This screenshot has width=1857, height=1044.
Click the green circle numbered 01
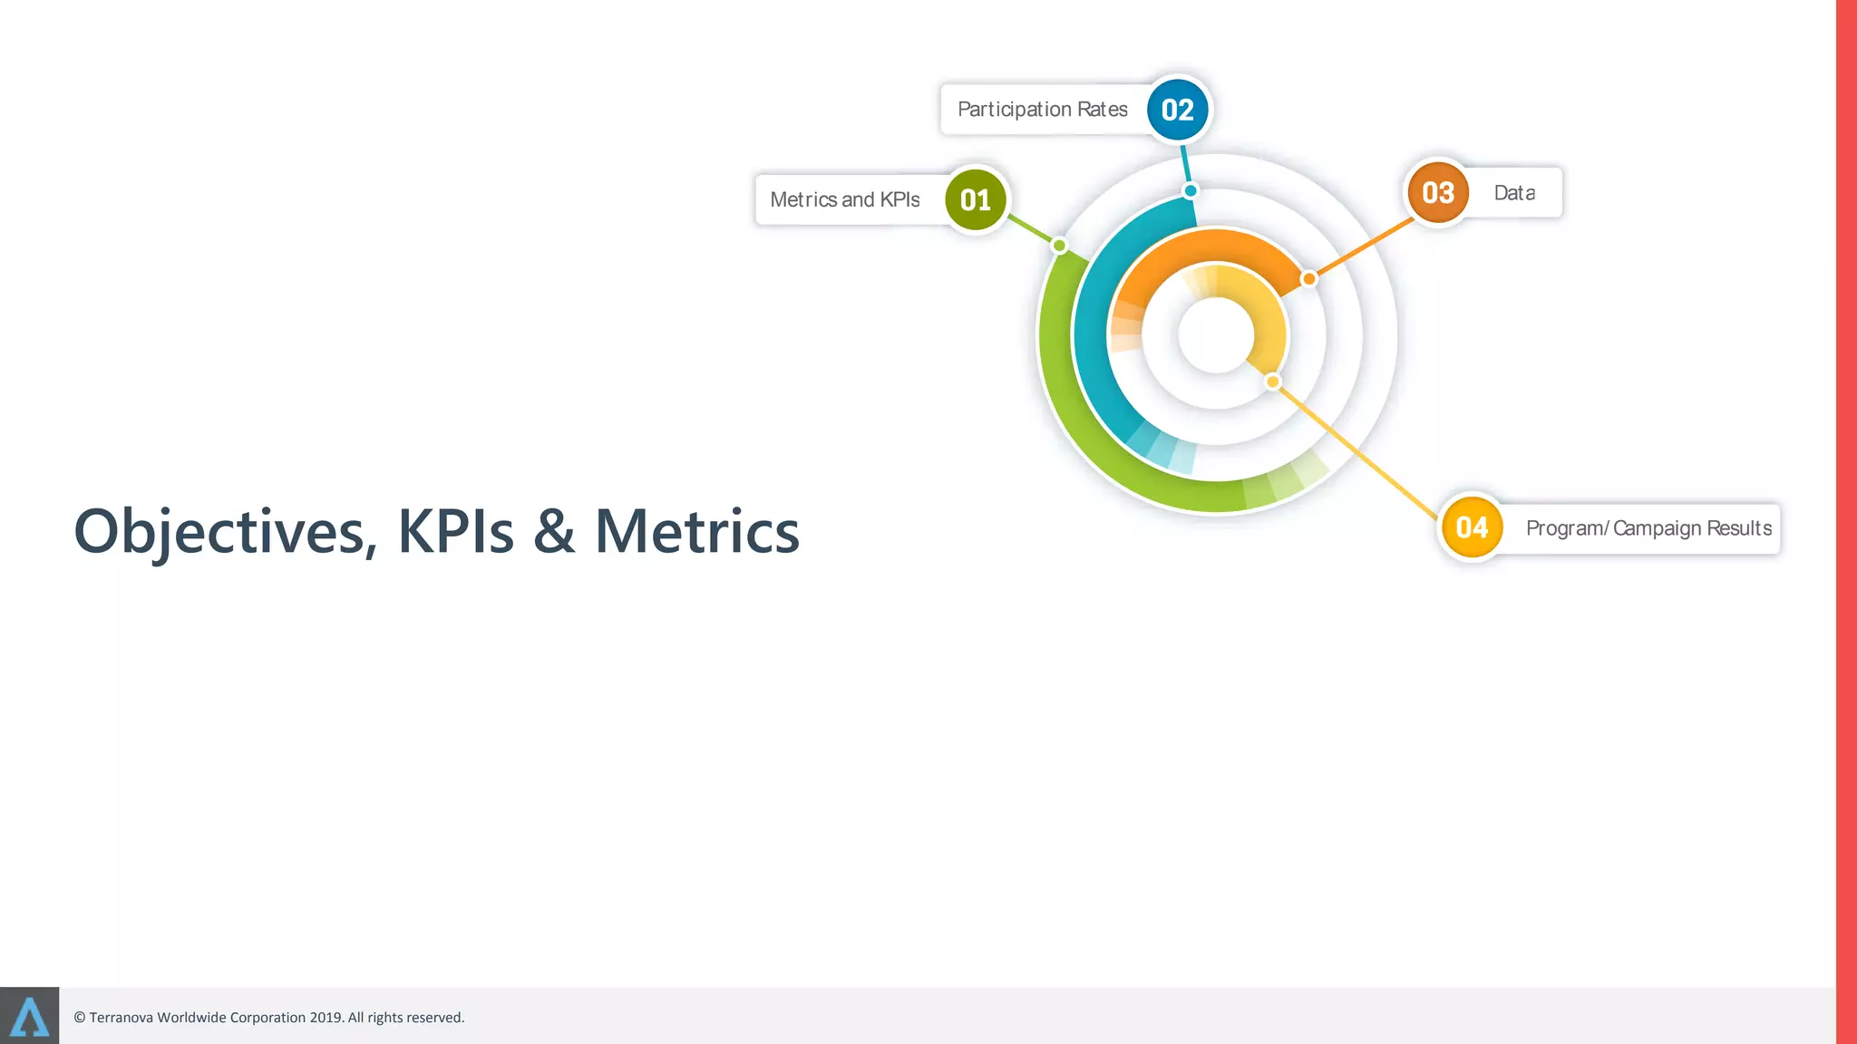pyautogui.click(x=976, y=199)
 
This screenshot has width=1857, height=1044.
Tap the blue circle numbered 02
pyautogui.click(x=1177, y=110)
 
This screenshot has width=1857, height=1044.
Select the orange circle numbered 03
pyautogui.click(x=1438, y=193)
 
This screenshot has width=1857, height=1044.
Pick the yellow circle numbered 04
pyautogui.click(x=1472, y=527)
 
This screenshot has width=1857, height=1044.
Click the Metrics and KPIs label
pyautogui.click(x=844, y=199)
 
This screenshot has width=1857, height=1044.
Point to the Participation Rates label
pyautogui.click(x=1042, y=110)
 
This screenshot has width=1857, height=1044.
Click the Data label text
pyautogui.click(x=1514, y=193)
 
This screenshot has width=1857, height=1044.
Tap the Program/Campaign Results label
pyautogui.click(x=1648, y=528)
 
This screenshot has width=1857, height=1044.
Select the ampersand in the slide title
pyautogui.click(x=554, y=532)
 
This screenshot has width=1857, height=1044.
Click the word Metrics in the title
pyautogui.click(x=696, y=532)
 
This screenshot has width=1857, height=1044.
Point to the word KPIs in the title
pyautogui.click(x=455, y=532)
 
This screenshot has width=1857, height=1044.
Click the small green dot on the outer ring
pyautogui.click(x=1059, y=246)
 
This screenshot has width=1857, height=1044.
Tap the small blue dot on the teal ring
pyautogui.click(x=1191, y=190)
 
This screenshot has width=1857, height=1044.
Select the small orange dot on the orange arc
pyautogui.click(x=1308, y=279)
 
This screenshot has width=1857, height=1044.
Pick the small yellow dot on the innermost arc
pyautogui.click(x=1273, y=382)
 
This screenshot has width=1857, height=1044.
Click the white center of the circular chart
pyautogui.click(x=1216, y=335)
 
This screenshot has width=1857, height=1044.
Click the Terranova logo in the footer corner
pyautogui.click(x=29, y=1016)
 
